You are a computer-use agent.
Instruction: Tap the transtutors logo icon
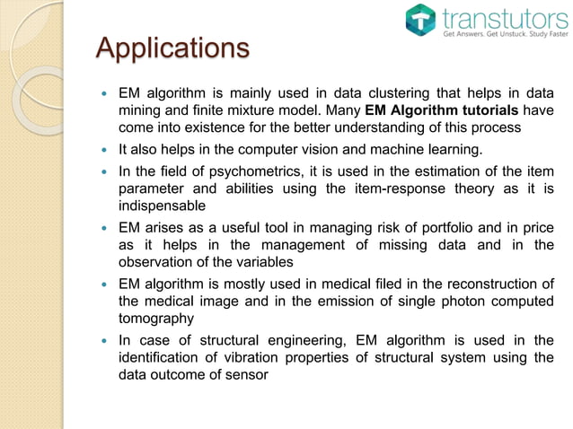[419, 20]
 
